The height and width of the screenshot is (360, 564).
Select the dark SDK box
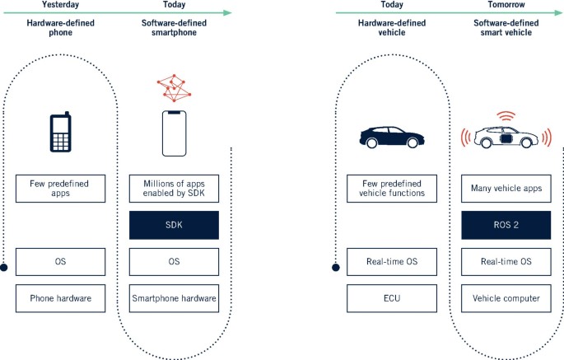(x=174, y=225)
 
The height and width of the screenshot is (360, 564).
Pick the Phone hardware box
(x=62, y=298)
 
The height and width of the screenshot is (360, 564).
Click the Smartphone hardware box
(x=174, y=298)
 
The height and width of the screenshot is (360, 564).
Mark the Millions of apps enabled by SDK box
(x=174, y=188)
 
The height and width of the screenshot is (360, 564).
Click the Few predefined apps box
(x=62, y=188)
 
